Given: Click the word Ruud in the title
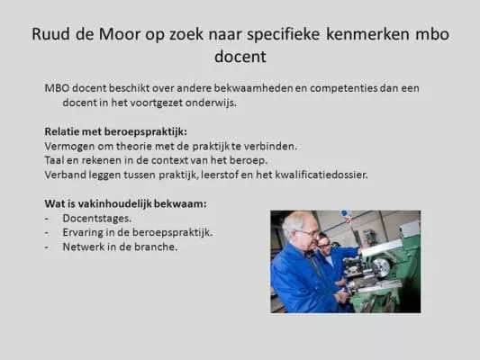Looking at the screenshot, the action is click(50, 33).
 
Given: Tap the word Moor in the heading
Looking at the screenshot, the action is click(119, 33).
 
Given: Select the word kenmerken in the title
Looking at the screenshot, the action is click(367, 33).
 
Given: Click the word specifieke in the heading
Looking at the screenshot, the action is click(284, 34).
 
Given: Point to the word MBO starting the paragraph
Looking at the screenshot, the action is click(58, 88).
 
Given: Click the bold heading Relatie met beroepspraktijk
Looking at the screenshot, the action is click(115, 131).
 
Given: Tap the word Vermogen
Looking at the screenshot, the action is click(69, 147).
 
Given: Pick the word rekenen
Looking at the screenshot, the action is click(101, 160).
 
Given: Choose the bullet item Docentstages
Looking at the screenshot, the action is click(97, 219).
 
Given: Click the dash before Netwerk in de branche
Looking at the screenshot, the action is click(47, 247).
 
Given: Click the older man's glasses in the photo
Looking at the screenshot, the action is click(309, 234).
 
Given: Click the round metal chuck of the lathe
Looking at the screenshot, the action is click(380, 267).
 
